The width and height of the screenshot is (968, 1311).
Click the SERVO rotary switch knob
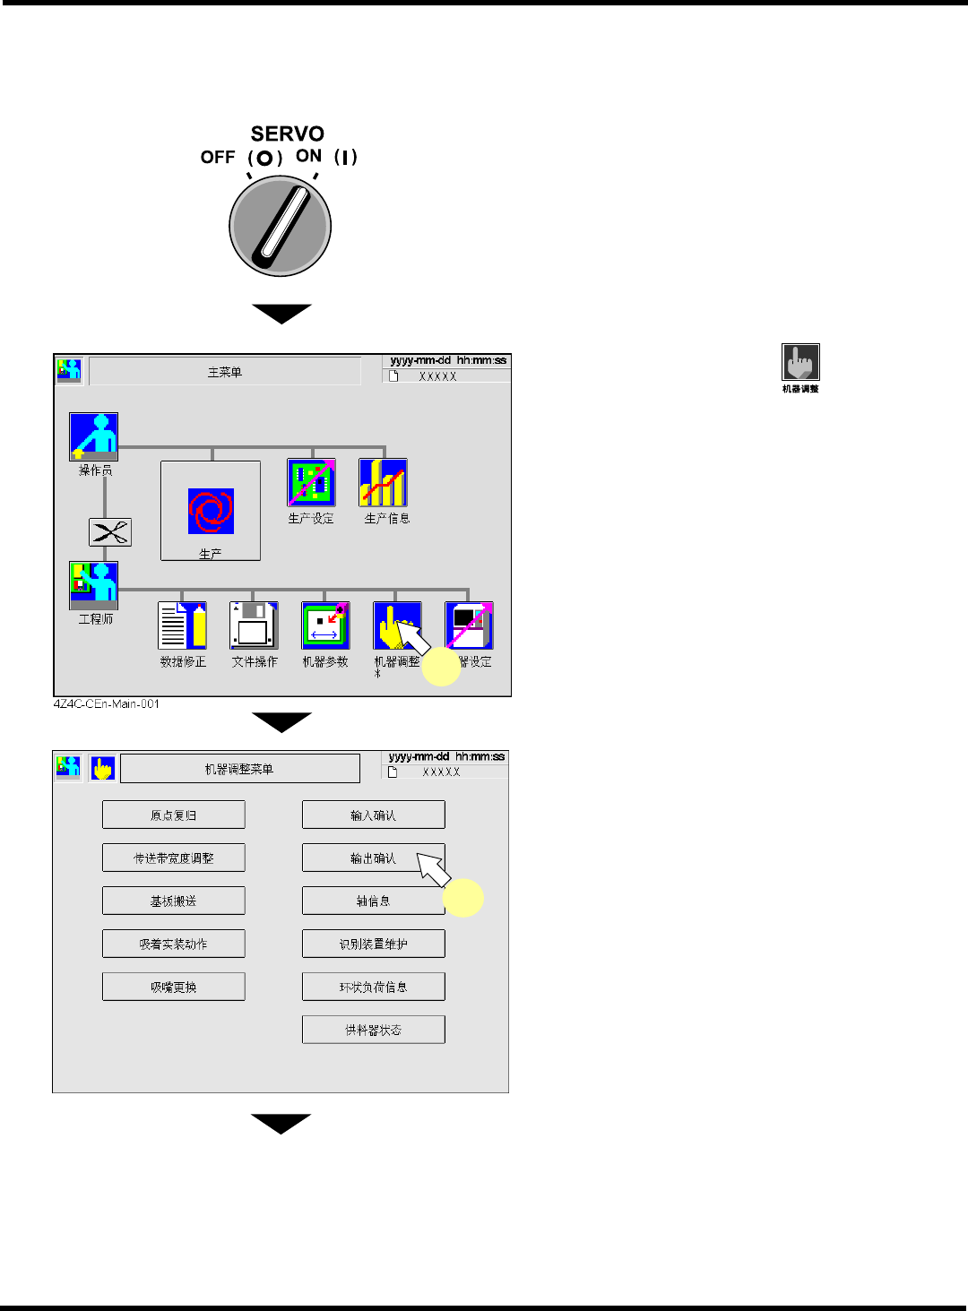pos(281,225)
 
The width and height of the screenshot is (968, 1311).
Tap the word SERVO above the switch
pos(287,134)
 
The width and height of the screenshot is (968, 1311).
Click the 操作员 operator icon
pos(94,436)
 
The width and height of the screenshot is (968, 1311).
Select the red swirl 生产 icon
pos(211,511)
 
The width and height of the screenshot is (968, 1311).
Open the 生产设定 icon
pos(311,483)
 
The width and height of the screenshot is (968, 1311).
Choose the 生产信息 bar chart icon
pos(384,483)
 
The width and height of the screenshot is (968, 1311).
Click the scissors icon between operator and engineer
pos(110,532)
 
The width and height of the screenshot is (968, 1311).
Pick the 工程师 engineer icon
pos(94,585)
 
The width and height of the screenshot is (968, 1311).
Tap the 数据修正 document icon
pos(183,625)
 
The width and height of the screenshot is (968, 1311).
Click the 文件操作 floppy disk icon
pos(254,625)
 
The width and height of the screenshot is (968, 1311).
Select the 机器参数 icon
pos(325,625)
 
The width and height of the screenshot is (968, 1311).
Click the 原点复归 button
pos(174,815)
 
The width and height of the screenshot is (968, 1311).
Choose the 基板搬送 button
pos(174,901)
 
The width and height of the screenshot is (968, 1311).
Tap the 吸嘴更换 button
pos(174,988)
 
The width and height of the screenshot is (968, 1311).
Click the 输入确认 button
pos(373,815)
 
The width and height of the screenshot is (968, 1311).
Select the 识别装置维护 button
pos(373,944)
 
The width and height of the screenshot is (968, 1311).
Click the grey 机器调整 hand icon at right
pos(800,363)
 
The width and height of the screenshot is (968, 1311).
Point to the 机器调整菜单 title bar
pos(240,769)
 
